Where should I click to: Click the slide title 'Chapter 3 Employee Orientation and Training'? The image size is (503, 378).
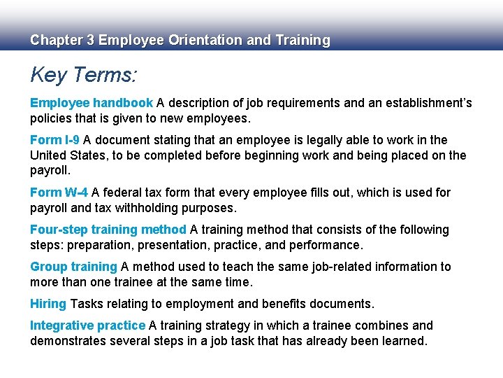click(180, 41)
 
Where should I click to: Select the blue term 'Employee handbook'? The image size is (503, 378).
click(91, 103)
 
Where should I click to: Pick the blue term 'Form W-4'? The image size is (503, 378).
click(59, 192)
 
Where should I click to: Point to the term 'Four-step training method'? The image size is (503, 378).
click(108, 230)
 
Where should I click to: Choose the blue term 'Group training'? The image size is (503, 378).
click(73, 267)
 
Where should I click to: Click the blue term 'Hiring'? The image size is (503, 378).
click(48, 304)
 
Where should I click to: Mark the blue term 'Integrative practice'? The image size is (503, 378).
click(87, 325)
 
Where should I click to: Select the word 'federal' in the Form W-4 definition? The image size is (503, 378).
click(124, 192)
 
